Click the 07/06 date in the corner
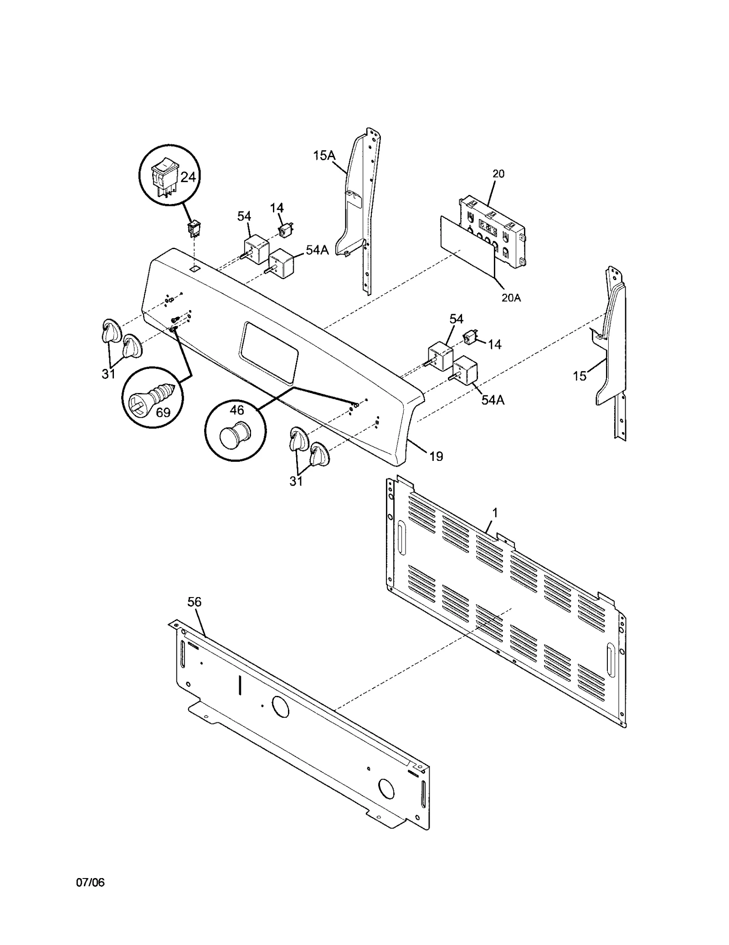(x=90, y=895)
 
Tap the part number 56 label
(x=194, y=602)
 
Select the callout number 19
(x=436, y=456)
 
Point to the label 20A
(x=511, y=298)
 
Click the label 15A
(x=324, y=156)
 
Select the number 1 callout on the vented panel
(x=495, y=513)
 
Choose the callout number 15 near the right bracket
(x=580, y=376)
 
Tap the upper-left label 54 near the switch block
(x=244, y=216)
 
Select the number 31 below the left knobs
(x=108, y=374)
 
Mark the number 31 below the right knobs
(x=296, y=480)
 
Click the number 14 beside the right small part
(x=494, y=345)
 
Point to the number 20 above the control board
(x=498, y=174)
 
